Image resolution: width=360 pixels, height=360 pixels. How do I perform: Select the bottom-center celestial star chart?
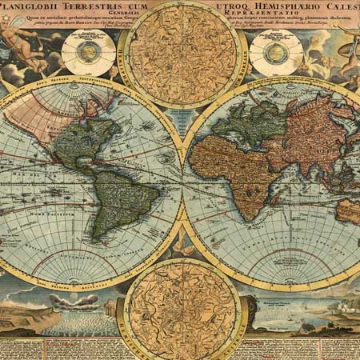click(183, 309)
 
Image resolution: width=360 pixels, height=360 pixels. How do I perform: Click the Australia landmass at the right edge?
click(349, 210)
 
